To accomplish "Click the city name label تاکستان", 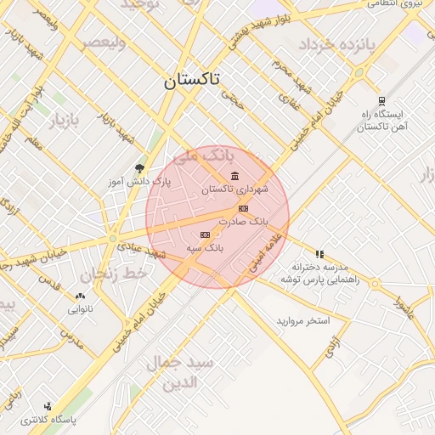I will pos(191,81).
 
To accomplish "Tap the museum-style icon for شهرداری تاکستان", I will pos(234,176).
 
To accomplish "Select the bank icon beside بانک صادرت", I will pos(244,208).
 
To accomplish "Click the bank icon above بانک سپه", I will pos(204,234).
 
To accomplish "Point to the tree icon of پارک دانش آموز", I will pos(140,168).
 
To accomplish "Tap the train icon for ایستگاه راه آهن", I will pos(381,99).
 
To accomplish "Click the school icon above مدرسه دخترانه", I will pos(319,253).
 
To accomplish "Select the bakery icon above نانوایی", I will pos(80,297).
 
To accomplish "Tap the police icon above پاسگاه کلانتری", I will pos(48,406).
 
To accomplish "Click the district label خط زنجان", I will pos(114,274).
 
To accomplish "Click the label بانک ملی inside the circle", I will pos(202,157).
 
